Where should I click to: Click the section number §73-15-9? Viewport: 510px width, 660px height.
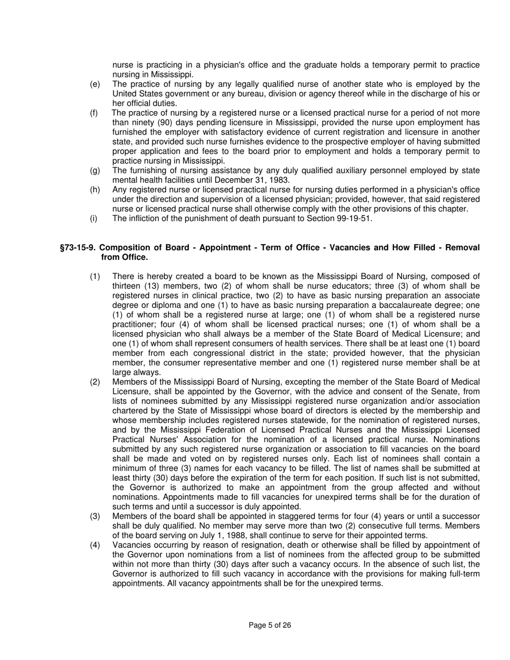tap(78, 248)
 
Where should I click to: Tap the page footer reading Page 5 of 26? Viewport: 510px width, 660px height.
tap(270, 625)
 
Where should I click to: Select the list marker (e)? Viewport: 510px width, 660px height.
tap(95, 84)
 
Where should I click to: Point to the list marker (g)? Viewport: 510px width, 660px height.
tap(95, 171)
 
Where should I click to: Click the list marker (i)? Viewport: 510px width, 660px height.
tap(94, 218)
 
